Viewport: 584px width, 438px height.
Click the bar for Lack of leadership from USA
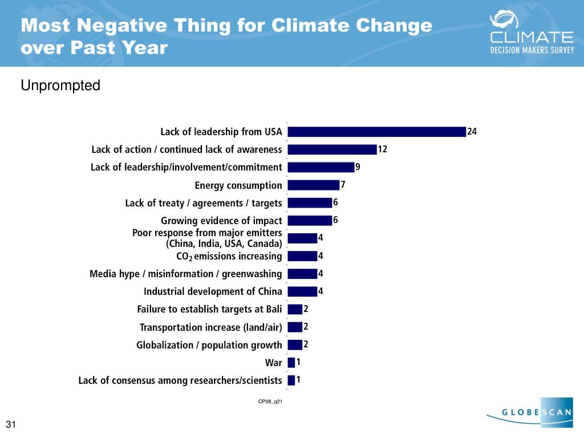pyautogui.click(x=376, y=132)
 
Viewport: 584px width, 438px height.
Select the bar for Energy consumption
pyautogui.click(x=314, y=185)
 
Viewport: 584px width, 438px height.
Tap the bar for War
pyautogui.click(x=291, y=362)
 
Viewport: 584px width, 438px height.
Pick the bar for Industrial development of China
pyautogui.click(x=302, y=291)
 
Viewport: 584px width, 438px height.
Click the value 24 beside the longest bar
pyautogui.click(x=472, y=132)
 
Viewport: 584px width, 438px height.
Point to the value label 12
pyautogui.click(x=383, y=149)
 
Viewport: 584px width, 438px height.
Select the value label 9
pyautogui.click(x=358, y=167)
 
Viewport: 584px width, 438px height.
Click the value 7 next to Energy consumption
pyautogui.click(x=343, y=185)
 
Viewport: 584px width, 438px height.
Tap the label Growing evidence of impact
pyautogui.click(x=222, y=221)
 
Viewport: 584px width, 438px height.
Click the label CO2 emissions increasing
pyautogui.click(x=229, y=256)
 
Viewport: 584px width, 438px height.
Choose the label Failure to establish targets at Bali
pyautogui.click(x=210, y=309)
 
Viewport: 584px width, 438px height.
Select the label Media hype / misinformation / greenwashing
pyautogui.click(x=186, y=274)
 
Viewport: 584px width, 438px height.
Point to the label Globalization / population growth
pyautogui.click(x=209, y=345)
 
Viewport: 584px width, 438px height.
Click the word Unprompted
pyautogui.click(x=60, y=86)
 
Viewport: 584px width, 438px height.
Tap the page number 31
pyautogui.click(x=11, y=424)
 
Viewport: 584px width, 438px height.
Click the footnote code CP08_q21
pyautogui.click(x=270, y=401)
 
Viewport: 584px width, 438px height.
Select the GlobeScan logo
pyautogui.click(x=530, y=412)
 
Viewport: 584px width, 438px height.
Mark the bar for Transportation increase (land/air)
pyautogui.click(x=295, y=327)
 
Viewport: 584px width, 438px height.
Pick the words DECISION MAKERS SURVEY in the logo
pyautogui.click(x=532, y=50)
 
